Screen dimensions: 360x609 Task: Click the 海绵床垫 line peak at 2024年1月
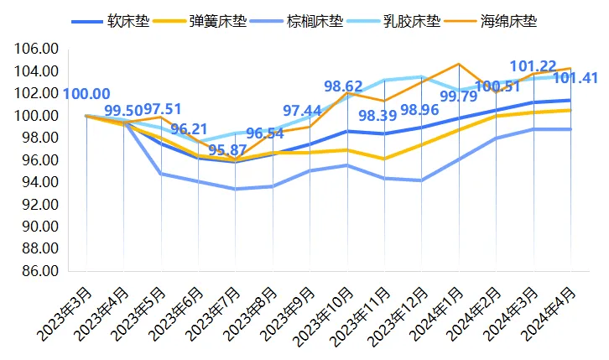[459, 64]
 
